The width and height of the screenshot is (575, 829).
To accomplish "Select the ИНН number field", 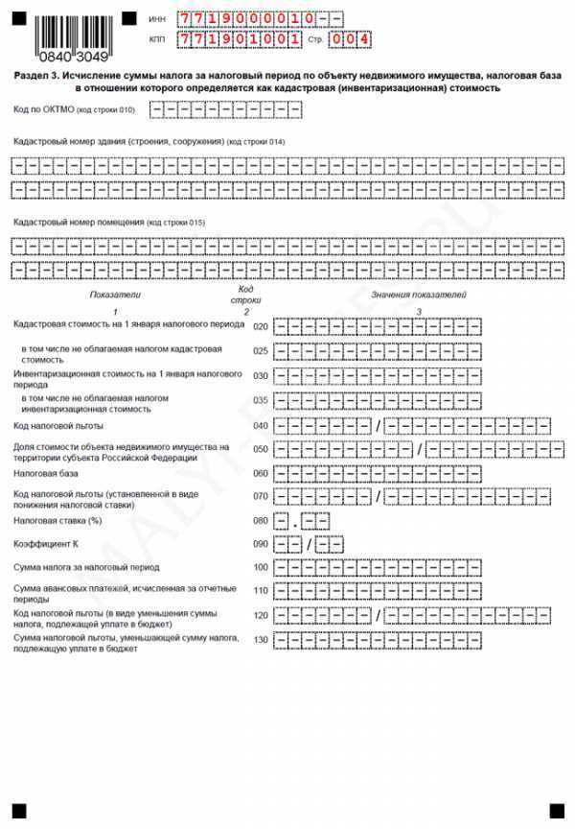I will [259, 20].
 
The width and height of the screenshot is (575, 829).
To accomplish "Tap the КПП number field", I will [230, 39].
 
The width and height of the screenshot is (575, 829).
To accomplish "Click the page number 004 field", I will [349, 39].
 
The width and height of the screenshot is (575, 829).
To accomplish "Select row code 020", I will [260, 326].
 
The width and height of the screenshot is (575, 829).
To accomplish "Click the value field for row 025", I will [377, 351].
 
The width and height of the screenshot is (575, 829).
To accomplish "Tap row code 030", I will [260, 375].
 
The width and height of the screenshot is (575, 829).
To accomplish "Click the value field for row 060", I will [377, 473].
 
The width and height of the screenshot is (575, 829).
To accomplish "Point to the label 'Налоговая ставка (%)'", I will [57, 520].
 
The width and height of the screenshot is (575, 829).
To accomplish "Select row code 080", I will [260, 521].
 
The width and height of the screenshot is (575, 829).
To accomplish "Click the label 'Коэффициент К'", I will [45, 544].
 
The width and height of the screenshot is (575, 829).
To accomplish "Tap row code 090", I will [260, 545].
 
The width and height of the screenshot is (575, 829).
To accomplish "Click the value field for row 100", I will [377, 568].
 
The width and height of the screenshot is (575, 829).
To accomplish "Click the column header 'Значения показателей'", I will [419, 295].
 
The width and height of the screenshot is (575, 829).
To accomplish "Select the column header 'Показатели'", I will [114, 295].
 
